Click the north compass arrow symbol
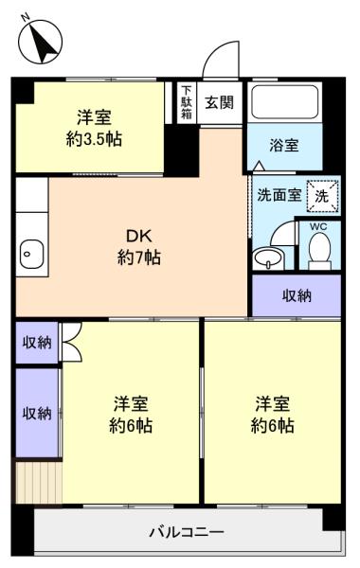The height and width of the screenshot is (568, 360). pos(42,44)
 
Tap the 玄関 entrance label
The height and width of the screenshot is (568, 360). pos(220,103)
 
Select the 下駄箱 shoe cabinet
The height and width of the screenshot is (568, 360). pos(187,102)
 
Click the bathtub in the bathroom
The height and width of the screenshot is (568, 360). pos(284,102)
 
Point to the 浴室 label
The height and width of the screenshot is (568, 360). pos(284,145)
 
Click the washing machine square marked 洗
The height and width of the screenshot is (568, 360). pos(322,196)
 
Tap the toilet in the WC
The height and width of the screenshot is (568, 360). pos(319,251)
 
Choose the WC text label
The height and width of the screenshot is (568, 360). pos(318,227)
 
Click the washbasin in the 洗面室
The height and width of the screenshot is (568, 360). pos(267,258)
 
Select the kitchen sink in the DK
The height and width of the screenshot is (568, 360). pos(31,254)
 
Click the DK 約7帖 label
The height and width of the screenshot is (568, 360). pos(139,247)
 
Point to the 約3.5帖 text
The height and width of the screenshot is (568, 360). pos(94,139)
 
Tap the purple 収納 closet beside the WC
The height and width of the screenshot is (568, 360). pos(297,295)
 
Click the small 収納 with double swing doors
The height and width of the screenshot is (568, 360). pos(37,343)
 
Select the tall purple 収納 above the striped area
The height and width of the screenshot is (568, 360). pos(37,413)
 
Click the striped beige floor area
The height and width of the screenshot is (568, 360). pos(39,482)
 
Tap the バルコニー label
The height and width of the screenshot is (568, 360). pos(187,532)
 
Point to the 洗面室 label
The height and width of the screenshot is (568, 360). pos(279,195)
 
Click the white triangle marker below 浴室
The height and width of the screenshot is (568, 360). pos(259,166)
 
